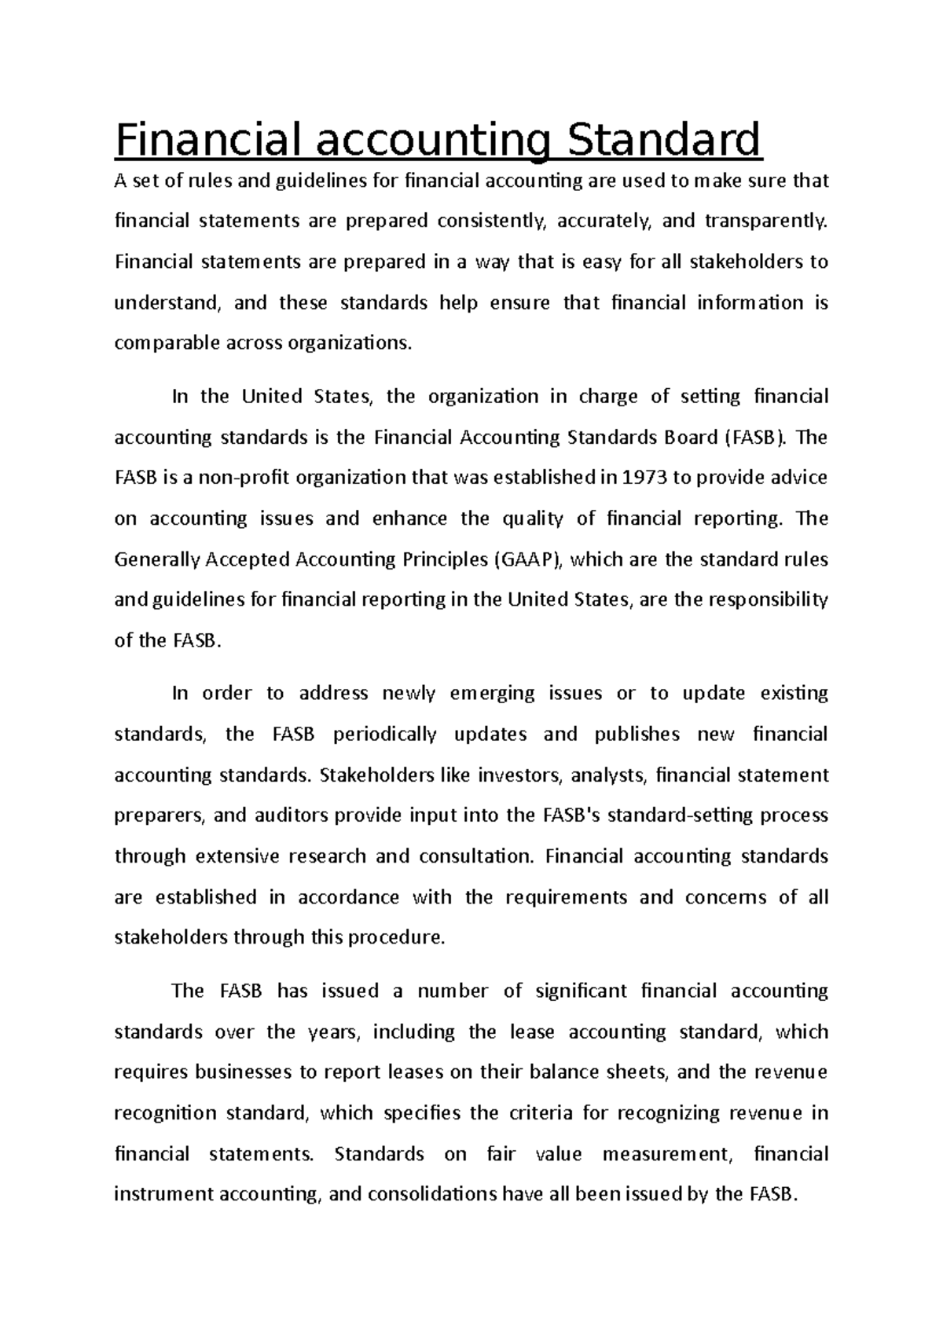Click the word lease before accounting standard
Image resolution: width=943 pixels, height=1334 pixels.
point(532,1032)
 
